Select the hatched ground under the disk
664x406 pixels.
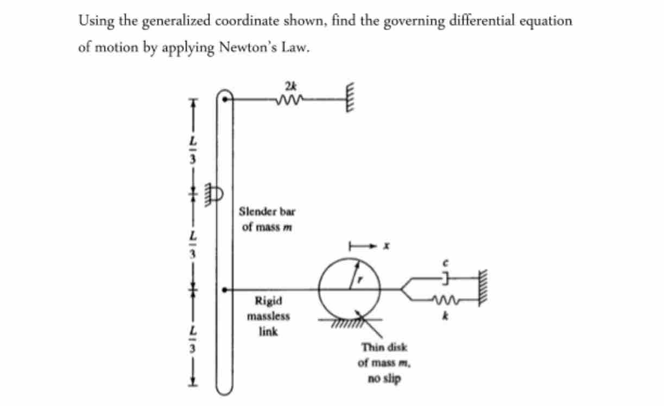(x=347, y=323)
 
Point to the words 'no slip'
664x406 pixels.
(x=384, y=379)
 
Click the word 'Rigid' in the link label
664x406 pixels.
(x=268, y=300)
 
